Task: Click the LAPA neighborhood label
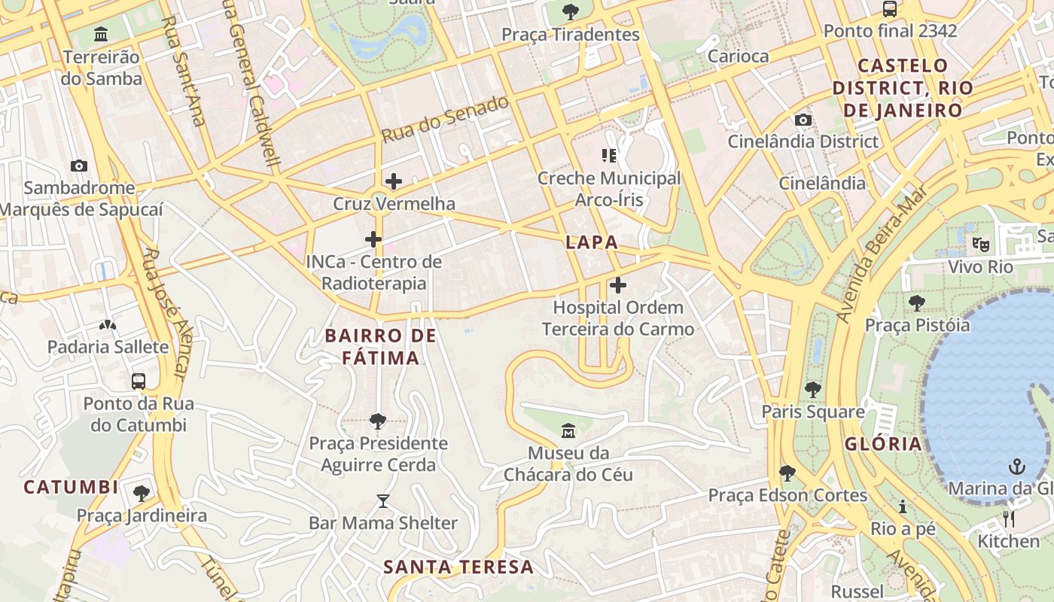[592, 242]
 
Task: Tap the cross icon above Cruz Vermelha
[393, 181]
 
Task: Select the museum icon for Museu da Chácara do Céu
[568, 431]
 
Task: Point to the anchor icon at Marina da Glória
[1017, 467]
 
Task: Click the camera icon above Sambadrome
[79, 166]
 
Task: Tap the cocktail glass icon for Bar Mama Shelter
[383, 500]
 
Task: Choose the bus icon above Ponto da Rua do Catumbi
[139, 381]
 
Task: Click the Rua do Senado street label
[445, 119]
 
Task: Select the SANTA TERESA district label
[458, 567]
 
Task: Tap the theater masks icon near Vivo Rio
[979, 244]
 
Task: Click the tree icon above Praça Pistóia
[916, 303]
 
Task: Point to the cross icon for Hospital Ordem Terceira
[617, 285]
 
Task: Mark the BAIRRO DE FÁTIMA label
[380, 346]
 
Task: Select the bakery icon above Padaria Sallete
[108, 325]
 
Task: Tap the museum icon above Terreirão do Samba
[101, 35]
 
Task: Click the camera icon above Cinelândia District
[803, 120]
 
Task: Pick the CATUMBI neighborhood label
[71, 487]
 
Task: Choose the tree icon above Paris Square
[812, 390]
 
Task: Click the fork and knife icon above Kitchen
[1009, 519]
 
